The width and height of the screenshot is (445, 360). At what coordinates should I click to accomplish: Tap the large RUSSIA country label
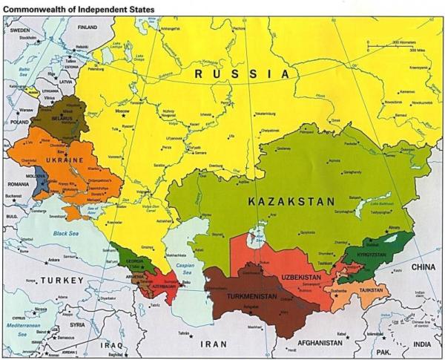pyautogui.click(x=241, y=73)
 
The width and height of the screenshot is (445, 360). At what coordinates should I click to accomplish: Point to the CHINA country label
pyautogui.click(x=424, y=266)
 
